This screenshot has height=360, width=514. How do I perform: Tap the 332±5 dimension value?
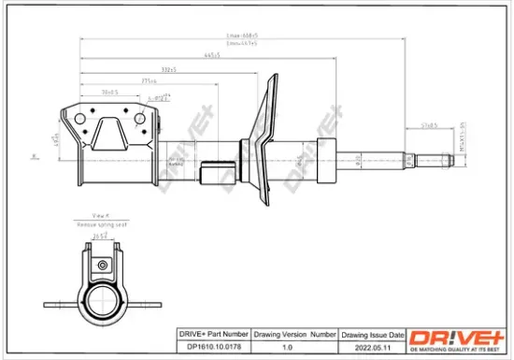tap(168, 69)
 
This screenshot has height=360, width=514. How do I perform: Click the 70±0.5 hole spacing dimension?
tap(109, 93)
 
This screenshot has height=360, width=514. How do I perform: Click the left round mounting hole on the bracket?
tap(79, 120)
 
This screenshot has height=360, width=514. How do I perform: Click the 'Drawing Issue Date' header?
tap(373, 334)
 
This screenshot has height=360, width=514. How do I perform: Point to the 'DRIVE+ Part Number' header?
tap(212, 334)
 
